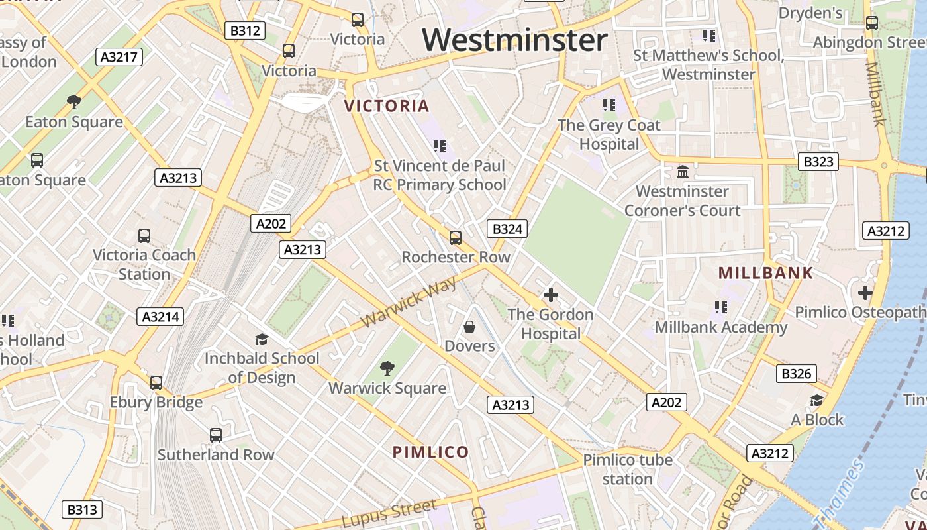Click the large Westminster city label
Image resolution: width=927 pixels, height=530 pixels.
(x=515, y=40)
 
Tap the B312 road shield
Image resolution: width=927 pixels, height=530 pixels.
(x=245, y=30)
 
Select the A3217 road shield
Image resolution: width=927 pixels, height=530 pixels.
(x=119, y=57)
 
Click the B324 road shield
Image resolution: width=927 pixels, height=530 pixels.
(x=508, y=229)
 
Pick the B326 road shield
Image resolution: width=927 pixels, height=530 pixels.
(x=796, y=374)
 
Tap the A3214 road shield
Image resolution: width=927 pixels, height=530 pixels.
(x=161, y=317)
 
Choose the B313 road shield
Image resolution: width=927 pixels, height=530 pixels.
(x=83, y=509)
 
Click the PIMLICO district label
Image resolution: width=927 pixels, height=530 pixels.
(x=431, y=452)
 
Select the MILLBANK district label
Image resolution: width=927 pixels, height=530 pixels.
(x=765, y=273)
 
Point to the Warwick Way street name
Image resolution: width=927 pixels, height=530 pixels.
(x=409, y=302)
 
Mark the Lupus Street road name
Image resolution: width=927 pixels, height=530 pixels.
(x=390, y=514)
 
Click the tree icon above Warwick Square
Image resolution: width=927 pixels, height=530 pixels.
(x=387, y=368)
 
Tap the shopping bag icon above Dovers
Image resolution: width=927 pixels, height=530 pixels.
(x=469, y=327)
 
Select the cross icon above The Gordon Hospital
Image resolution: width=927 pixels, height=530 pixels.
(x=550, y=295)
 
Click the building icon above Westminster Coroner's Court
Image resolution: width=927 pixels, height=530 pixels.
(x=682, y=172)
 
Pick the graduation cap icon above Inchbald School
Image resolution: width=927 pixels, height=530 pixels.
(x=262, y=340)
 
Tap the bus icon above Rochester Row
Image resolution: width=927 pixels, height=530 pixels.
(x=456, y=237)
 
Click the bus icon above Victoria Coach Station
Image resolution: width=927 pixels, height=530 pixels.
(x=144, y=235)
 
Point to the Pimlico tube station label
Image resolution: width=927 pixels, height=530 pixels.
(x=628, y=469)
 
